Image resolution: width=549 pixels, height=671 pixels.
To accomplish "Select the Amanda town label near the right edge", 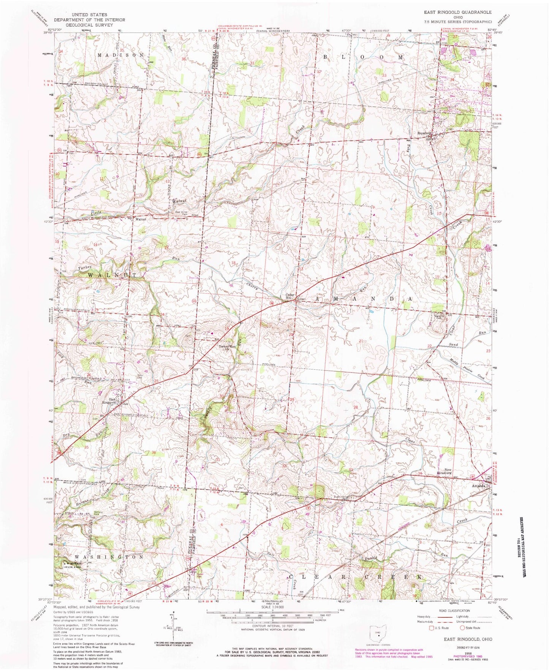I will (478, 486).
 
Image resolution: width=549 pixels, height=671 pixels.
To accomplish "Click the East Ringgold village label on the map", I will (109, 400).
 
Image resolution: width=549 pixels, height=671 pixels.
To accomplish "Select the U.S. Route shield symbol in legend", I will (432, 628).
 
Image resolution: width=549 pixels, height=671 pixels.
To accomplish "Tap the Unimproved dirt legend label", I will (463, 622).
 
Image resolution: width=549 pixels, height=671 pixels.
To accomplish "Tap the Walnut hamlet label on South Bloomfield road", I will (141, 219).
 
